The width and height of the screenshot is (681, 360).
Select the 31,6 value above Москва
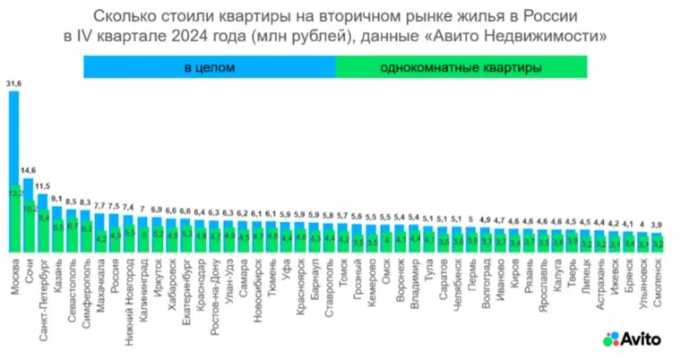click(13, 83)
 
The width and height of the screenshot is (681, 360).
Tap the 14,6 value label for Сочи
click(29, 170)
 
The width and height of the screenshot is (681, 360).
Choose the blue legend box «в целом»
click(209, 67)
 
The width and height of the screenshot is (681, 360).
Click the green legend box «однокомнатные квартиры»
click(461, 67)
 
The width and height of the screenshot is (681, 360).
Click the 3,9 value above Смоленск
click(658, 224)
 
